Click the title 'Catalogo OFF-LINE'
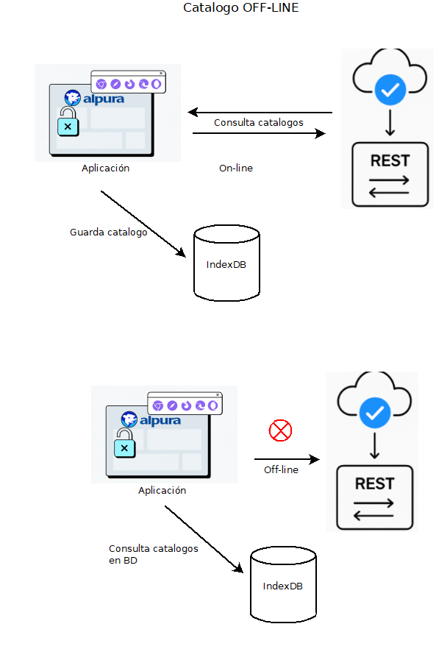click(240, 7)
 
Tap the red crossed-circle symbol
click(280, 430)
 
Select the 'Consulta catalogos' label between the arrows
click(259, 122)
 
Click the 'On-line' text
click(236, 168)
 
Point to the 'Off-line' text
click(282, 469)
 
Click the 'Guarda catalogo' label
click(108, 233)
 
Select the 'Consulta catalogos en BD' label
click(154, 554)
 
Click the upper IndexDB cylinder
click(226, 263)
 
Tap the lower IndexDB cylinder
click(283, 584)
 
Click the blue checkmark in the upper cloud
click(390, 91)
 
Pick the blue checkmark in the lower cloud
click(375, 413)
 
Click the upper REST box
click(390, 174)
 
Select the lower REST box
click(375, 497)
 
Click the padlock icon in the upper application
click(68, 121)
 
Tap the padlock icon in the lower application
click(124, 443)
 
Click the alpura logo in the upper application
click(94, 99)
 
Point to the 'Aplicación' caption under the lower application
click(162, 491)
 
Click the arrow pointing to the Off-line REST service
click(287, 459)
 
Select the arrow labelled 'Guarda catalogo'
click(143, 224)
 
